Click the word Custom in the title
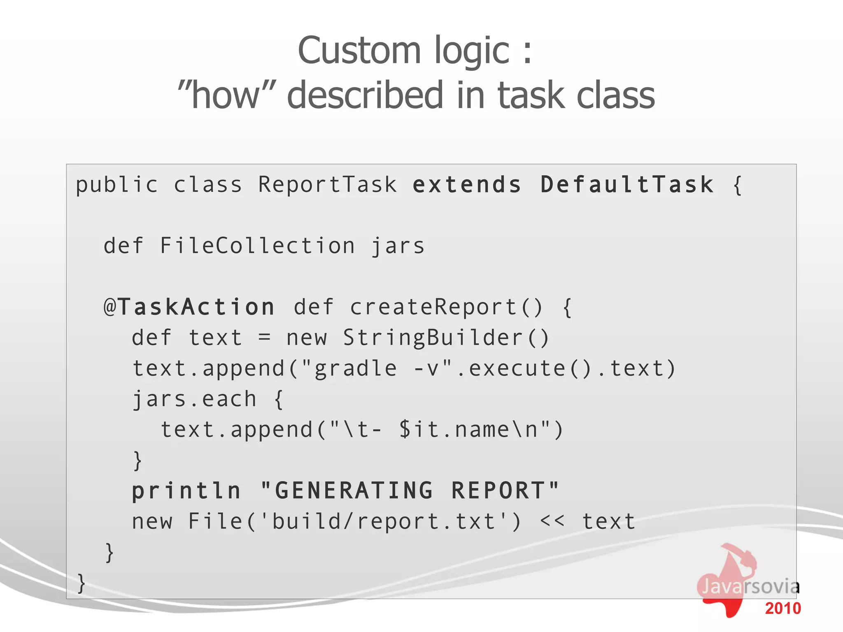359,51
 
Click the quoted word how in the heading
227,95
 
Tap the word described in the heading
365,95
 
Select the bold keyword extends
467,184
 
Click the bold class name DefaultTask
627,184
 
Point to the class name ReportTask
327,184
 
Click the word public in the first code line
117,185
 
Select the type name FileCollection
257,246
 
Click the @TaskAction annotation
189,307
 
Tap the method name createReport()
446,307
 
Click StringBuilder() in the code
446,338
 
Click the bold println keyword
186,491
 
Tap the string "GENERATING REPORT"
410,490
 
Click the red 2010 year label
782,608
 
